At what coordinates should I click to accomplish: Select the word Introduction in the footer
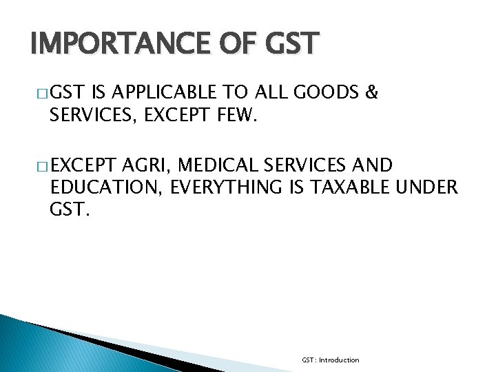[x=338, y=360]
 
